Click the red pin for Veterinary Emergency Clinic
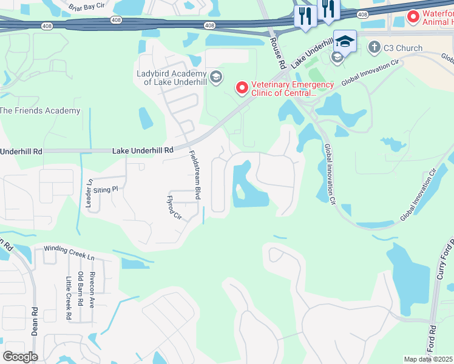242,89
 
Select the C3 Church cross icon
374,47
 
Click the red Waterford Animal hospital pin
413,16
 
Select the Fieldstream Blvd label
194,175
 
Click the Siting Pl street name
104,189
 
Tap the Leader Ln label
89,194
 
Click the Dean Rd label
34,321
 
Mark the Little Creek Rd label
68,298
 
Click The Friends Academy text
40,110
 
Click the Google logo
19,356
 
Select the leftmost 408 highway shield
46,25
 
